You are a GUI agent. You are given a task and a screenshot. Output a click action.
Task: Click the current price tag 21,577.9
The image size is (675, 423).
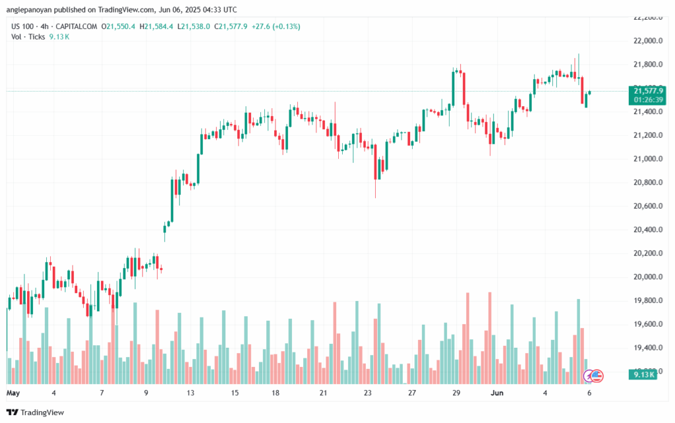click(x=648, y=90)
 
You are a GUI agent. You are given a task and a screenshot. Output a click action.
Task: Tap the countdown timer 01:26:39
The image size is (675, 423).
click(x=648, y=99)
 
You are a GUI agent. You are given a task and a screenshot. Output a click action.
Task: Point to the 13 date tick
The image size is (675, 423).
click(x=191, y=393)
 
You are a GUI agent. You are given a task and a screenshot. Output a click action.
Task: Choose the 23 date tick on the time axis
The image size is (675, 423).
click(x=368, y=393)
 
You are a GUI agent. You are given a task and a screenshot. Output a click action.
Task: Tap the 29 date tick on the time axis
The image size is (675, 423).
click(x=456, y=393)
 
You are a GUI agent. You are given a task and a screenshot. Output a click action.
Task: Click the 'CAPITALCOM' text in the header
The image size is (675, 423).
click(x=78, y=26)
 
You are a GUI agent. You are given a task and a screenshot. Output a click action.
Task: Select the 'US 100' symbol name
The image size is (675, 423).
click(x=24, y=26)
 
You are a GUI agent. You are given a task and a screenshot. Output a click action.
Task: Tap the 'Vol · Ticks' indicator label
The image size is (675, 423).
click(x=28, y=37)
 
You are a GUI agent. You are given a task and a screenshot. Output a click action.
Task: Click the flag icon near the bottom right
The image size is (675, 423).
click(x=596, y=376)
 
